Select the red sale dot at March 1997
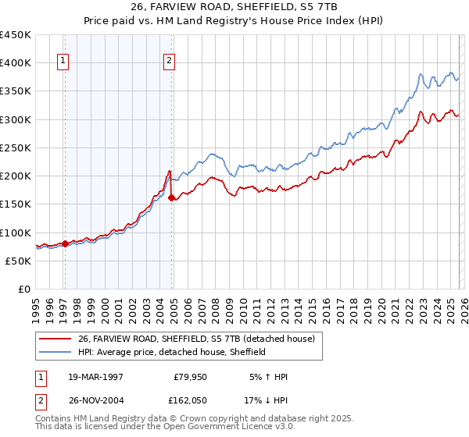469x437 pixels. [65, 243]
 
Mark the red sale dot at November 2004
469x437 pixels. [171, 197]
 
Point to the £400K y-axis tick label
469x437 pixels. [16, 63]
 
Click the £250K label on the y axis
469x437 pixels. [16, 147]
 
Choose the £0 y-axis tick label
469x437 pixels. [23, 289]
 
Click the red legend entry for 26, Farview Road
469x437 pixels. [195, 339]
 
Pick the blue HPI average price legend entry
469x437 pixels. [172, 352]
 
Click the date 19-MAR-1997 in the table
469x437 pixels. [96, 376]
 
